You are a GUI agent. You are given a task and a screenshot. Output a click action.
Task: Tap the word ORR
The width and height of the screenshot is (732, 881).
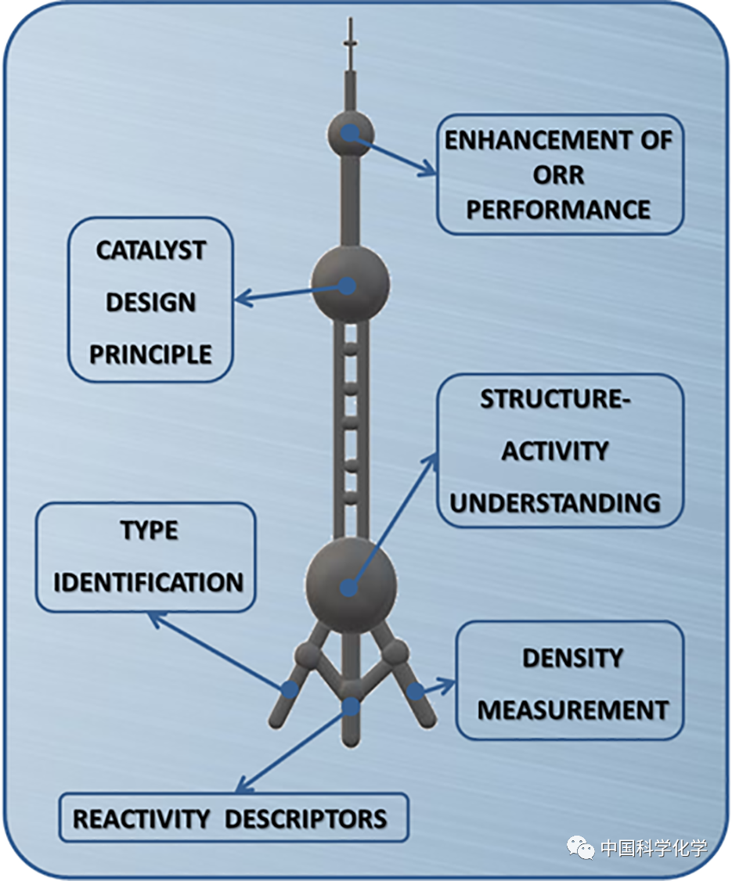pyautogui.click(x=559, y=175)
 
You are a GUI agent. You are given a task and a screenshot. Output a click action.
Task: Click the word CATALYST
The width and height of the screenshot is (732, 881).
pyautogui.click(x=151, y=251)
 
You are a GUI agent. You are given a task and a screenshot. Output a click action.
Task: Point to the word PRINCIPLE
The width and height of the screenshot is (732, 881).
pyautogui.click(x=150, y=354)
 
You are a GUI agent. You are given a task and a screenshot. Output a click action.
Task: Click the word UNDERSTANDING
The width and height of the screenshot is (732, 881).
pyautogui.click(x=555, y=502)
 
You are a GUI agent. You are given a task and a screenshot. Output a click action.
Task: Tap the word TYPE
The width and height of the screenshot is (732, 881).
pyautogui.click(x=149, y=530)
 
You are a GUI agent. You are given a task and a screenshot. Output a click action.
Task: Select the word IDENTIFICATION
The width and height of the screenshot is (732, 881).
pyautogui.click(x=148, y=582)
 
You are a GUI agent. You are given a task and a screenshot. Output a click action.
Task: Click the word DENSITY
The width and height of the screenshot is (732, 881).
pyautogui.click(x=572, y=658)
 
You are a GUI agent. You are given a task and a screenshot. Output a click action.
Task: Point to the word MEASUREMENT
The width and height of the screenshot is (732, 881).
pyautogui.click(x=572, y=710)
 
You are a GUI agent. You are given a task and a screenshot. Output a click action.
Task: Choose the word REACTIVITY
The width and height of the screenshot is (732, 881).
pyautogui.click(x=141, y=819)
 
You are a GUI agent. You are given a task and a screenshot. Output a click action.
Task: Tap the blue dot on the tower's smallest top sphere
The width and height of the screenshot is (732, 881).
pyautogui.click(x=350, y=133)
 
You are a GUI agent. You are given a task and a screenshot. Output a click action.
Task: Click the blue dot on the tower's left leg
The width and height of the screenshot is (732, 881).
pyautogui.click(x=290, y=689)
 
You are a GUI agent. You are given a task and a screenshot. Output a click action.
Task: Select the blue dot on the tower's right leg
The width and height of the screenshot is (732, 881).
pyautogui.click(x=414, y=691)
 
